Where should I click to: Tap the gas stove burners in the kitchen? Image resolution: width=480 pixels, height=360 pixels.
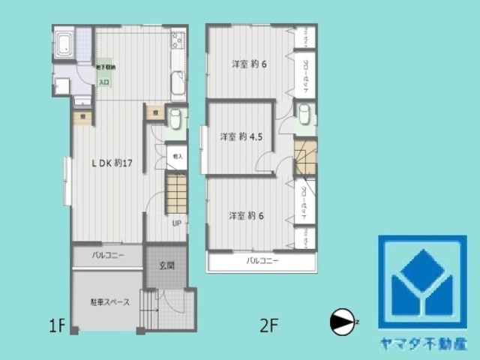pyautogui.click(x=178, y=40)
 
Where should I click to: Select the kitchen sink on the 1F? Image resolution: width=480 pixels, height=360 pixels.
pyautogui.click(x=178, y=82)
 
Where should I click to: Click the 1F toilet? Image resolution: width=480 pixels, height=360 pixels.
pyautogui.click(x=174, y=118)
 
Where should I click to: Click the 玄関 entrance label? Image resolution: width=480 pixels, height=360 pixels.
pyautogui.click(x=166, y=265)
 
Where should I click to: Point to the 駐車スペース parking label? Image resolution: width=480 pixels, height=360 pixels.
pyautogui.click(x=110, y=302)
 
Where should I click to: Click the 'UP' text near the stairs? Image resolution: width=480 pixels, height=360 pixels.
pyautogui.click(x=177, y=223)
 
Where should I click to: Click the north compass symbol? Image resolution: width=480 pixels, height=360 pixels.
pyautogui.click(x=341, y=321)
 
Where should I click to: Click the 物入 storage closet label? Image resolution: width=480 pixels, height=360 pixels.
pyautogui.click(x=177, y=157)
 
